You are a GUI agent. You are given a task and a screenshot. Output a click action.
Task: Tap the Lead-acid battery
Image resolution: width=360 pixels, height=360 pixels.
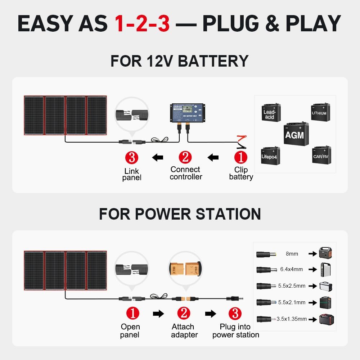coord(270,112)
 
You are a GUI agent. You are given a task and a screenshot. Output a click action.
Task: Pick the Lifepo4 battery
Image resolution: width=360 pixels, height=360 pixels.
coord(270,155)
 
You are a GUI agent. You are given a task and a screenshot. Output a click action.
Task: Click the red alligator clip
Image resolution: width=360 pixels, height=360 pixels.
coord(241,138)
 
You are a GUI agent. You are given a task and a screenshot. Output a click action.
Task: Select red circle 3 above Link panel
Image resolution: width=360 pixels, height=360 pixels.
coord(132,157)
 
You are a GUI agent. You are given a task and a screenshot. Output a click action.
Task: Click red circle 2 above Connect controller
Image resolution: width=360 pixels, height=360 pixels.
coord(185,157)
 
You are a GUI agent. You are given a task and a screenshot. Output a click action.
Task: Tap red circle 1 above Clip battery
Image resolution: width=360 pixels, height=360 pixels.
coord(241,157)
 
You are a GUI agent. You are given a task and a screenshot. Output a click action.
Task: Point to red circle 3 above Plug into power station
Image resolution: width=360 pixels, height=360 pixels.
coord(235,313)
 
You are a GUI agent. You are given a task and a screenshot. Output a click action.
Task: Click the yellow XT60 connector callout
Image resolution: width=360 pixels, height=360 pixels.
coord(184,267)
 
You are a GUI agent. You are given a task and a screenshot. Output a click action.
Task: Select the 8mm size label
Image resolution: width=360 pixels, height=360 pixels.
coord(292,254)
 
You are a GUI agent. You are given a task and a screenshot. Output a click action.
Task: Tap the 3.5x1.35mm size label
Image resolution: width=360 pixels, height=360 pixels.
coord(292,319)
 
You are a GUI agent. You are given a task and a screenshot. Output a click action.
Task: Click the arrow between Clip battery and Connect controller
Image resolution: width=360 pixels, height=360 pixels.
coord(213,157)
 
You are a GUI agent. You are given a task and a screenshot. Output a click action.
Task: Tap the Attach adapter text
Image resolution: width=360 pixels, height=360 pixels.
coord(184,331)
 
